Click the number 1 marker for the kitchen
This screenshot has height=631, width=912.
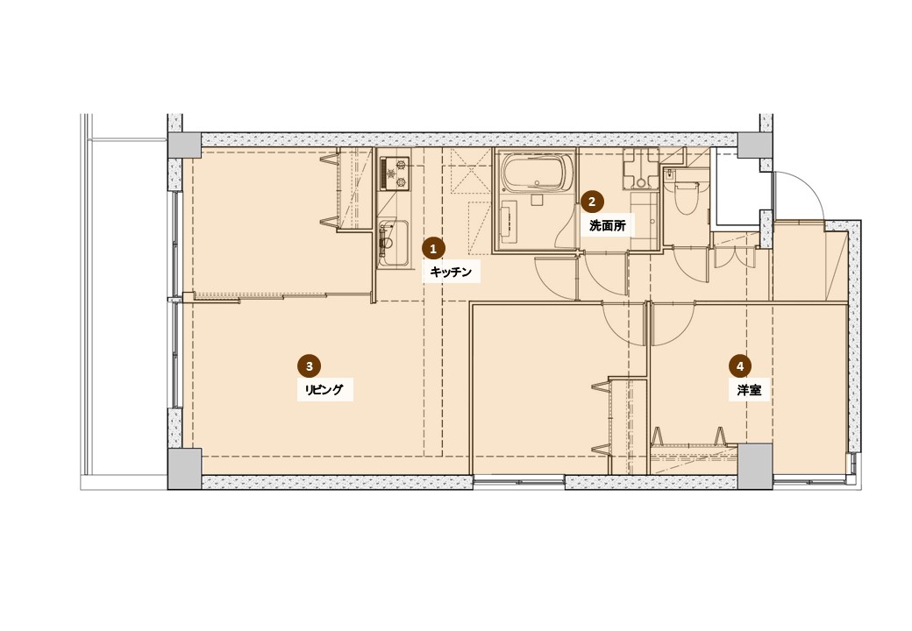[x=432, y=249]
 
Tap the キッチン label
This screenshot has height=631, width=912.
[x=451, y=272]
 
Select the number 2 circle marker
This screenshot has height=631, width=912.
[x=592, y=202]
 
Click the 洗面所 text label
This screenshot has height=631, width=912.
[x=607, y=226]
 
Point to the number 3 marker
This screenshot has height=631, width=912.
[x=309, y=366]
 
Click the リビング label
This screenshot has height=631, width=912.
[x=324, y=389]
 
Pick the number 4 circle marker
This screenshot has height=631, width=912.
[x=740, y=366]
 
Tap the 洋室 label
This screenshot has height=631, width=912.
[x=749, y=390]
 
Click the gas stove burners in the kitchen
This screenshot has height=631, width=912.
[x=395, y=174]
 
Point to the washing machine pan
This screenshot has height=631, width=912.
[x=640, y=168]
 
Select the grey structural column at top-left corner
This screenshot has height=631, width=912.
[x=184, y=145]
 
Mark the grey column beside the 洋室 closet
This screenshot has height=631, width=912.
[x=755, y=466]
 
